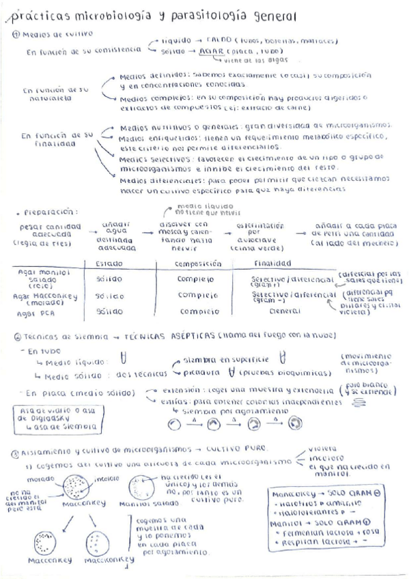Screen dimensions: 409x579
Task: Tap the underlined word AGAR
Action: click(203, 51)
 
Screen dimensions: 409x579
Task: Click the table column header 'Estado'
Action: click(109, 263)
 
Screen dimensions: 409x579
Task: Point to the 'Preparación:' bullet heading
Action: click(42, 212)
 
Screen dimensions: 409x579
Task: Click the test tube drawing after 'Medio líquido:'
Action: click(124, 361)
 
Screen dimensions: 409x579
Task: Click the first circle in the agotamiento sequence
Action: click(174, 424)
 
